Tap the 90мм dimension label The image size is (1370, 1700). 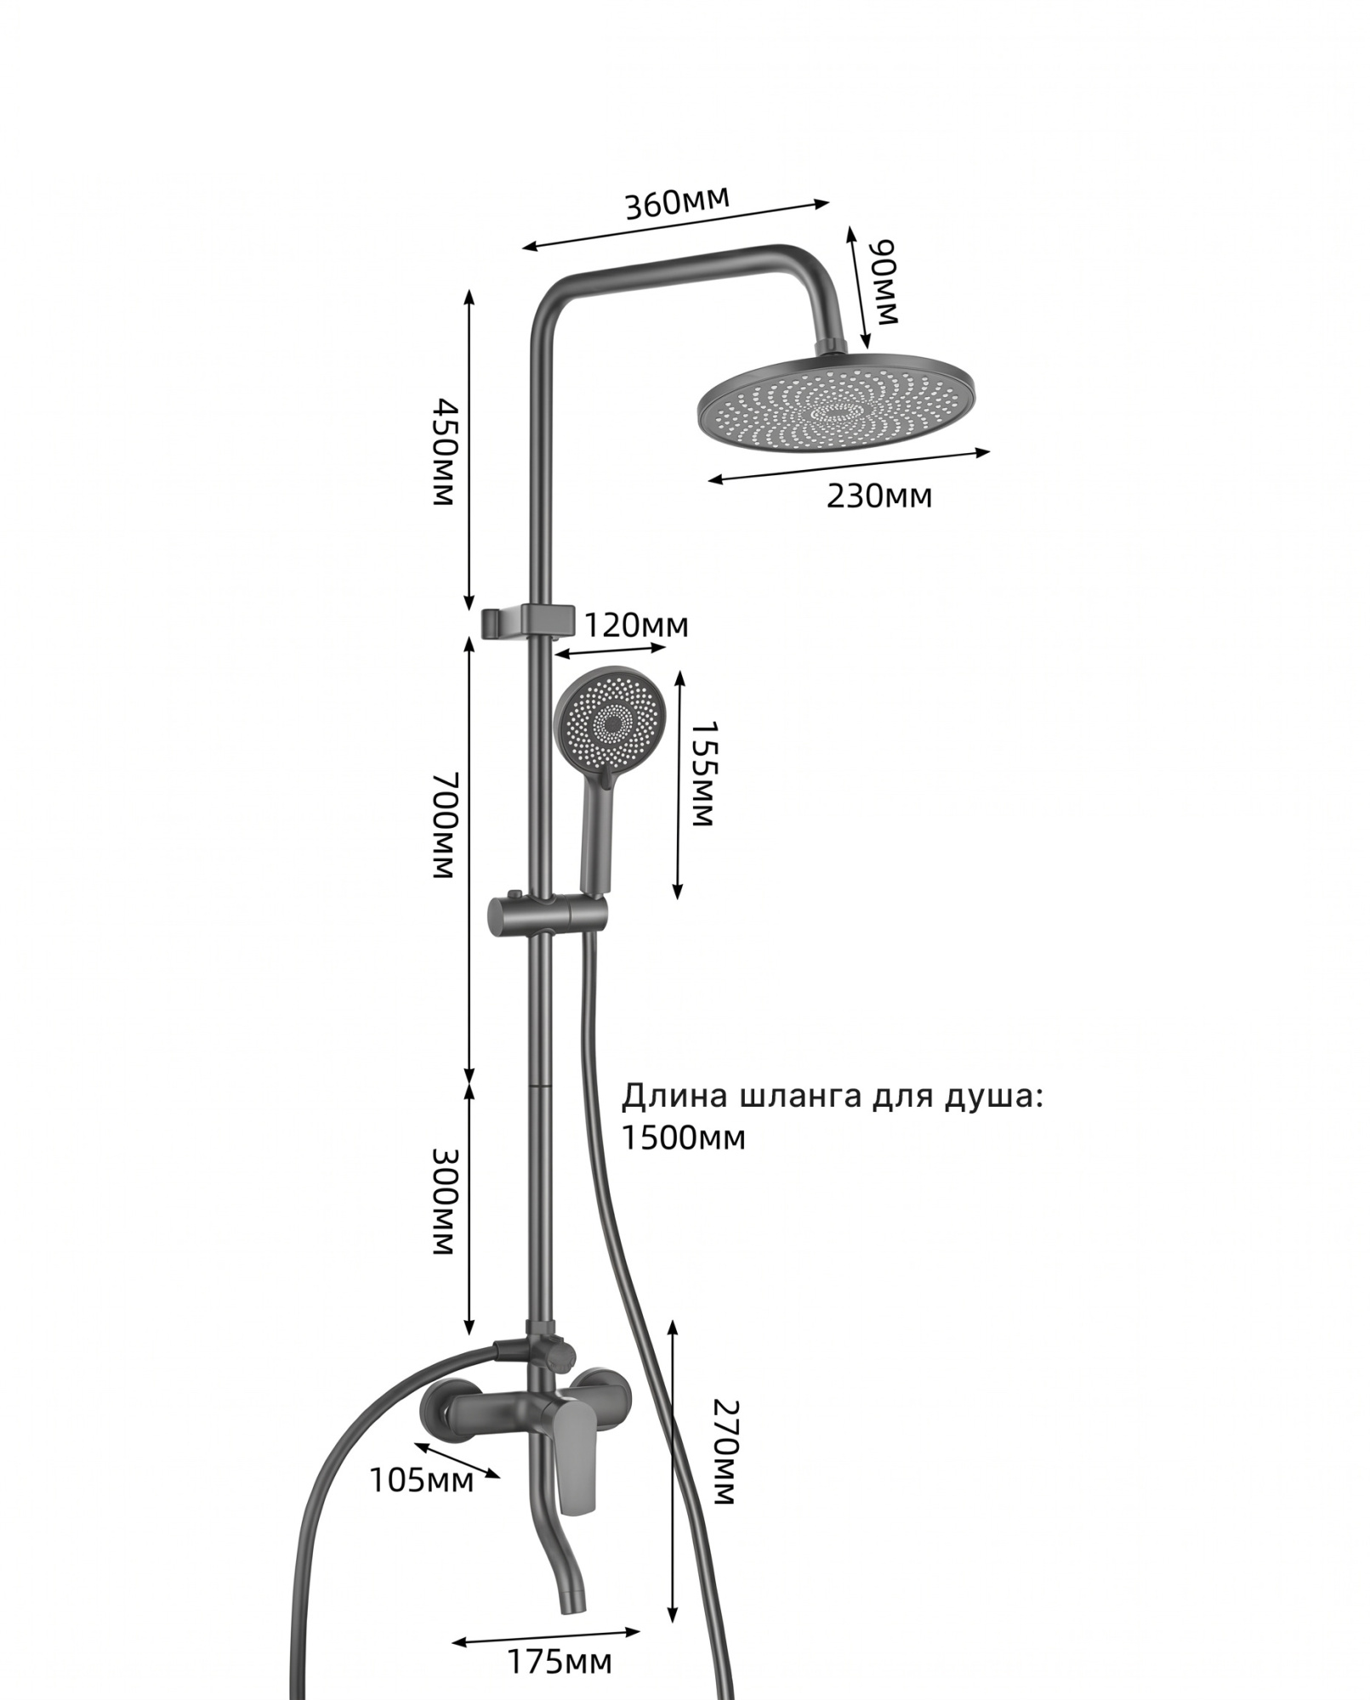[x=885, y=282]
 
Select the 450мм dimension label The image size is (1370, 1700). [x=443, y=450]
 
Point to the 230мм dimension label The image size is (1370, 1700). [x=879, y=496]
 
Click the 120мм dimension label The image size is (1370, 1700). [x=636, y=626]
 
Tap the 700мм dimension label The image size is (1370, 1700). [x=444, y=824]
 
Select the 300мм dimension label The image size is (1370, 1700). [x=444, y=1202]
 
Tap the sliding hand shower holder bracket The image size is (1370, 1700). [x=547, y=917]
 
